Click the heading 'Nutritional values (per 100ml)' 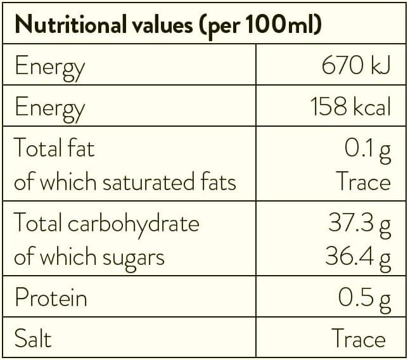(168, 26)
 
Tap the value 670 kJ (357, 66)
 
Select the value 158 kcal (350, 106)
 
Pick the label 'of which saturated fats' (125, 182)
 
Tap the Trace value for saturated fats (362, 182)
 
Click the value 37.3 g (359, 223)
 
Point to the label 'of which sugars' (89, 257)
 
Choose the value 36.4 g (359, 257)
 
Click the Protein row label (51, 298)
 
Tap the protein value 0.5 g (364, 298)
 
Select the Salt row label (33, 338)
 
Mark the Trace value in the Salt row (358, 338)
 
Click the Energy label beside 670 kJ (49, 67)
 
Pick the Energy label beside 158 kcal (49, 107)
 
